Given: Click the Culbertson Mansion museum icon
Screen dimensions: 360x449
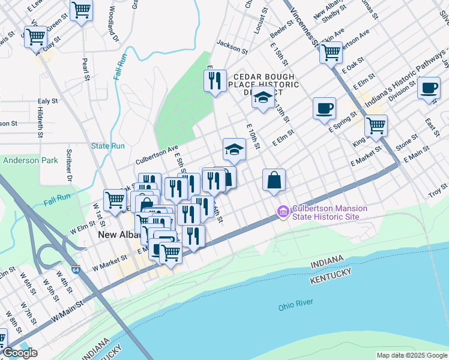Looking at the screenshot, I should pyautogui.click(x=282, y=212).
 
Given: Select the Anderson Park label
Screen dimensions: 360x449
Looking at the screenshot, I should pyautogui.click(x=30, y=160).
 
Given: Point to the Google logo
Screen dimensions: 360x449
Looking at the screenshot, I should pyautogui.click(x=20, y=353).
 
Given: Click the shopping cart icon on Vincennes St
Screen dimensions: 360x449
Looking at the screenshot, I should pyautogui.click(x=331, y=52).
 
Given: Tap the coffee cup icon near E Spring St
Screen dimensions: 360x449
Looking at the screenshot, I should pyautogui.click(x=324, y=108).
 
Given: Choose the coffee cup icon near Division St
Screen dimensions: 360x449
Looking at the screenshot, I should pyautogui.click(x=429, y=88).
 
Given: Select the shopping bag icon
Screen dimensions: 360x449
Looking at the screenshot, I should pyautogui.click(x=274, y=179).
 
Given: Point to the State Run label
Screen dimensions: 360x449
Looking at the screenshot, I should pyautogui.click(x=108, y=146).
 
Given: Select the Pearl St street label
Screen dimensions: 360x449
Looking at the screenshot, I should pyautogui.click(x=86, y=69).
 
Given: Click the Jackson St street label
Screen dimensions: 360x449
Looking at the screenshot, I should pyautogui.click(x=232, y=47).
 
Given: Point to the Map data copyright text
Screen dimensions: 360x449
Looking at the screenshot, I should pyautogui.click(x=411, y=355).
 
